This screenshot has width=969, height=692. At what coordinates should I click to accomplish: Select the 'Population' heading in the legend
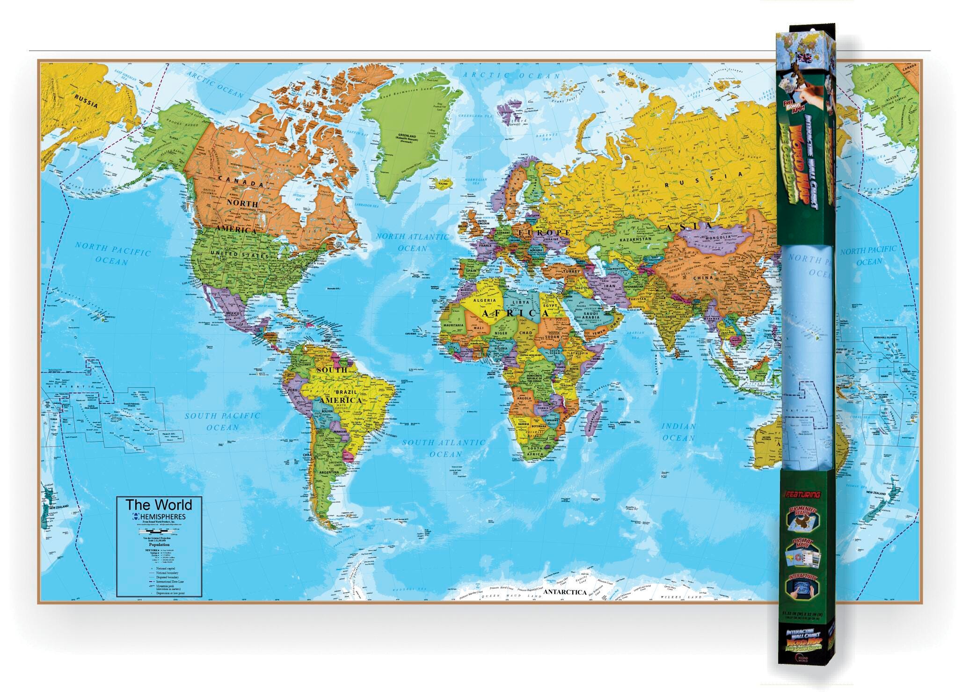click(x=159, y=545)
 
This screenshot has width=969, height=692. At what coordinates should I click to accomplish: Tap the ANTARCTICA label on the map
click(x=565, y=592)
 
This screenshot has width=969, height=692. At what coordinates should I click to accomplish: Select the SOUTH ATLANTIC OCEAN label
click(x=444, y=448)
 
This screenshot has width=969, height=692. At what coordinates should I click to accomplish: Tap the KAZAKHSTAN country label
click(x=635, y=239)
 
